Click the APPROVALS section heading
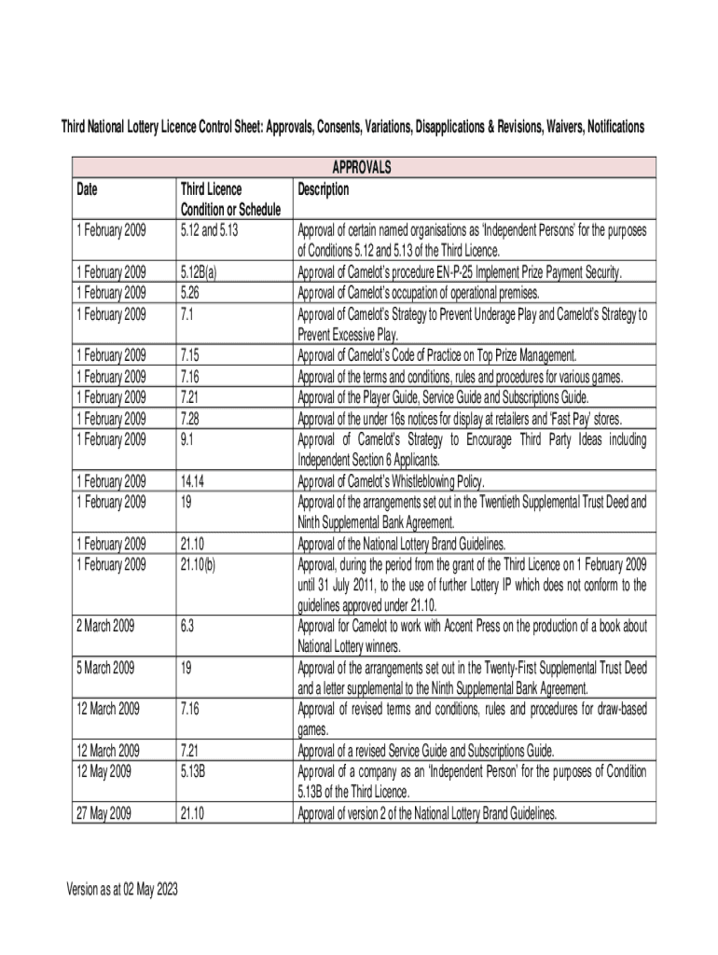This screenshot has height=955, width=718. (362, 168)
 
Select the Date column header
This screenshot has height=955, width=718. (87, 189)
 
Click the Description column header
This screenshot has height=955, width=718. (323, 189)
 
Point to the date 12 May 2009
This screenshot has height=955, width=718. (104, 771)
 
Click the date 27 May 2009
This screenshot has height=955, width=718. (104, 813)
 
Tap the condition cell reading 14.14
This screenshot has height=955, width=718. (193, 481)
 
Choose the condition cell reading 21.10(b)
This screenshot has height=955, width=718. (200, 564)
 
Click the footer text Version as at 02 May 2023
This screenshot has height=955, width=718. (121, 890)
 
